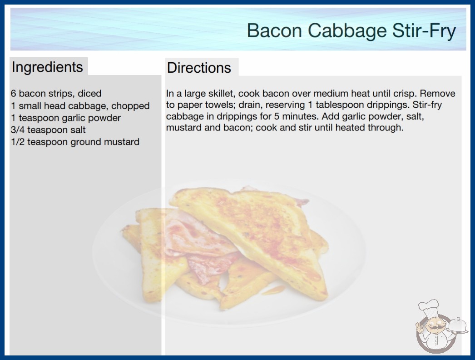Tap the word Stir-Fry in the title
pos(424,31)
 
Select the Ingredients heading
pos(47,67)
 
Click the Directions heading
pos(199,68)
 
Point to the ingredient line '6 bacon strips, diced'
pos(56,94)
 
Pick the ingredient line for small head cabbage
pos(80,106)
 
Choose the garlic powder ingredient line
pos(66,118)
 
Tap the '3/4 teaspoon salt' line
pos(48,130)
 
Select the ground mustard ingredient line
pos(75,142)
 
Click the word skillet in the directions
pos(222,94)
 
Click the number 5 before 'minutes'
pos(277,116)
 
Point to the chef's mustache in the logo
pos(435,328)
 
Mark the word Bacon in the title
pos(274,31)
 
